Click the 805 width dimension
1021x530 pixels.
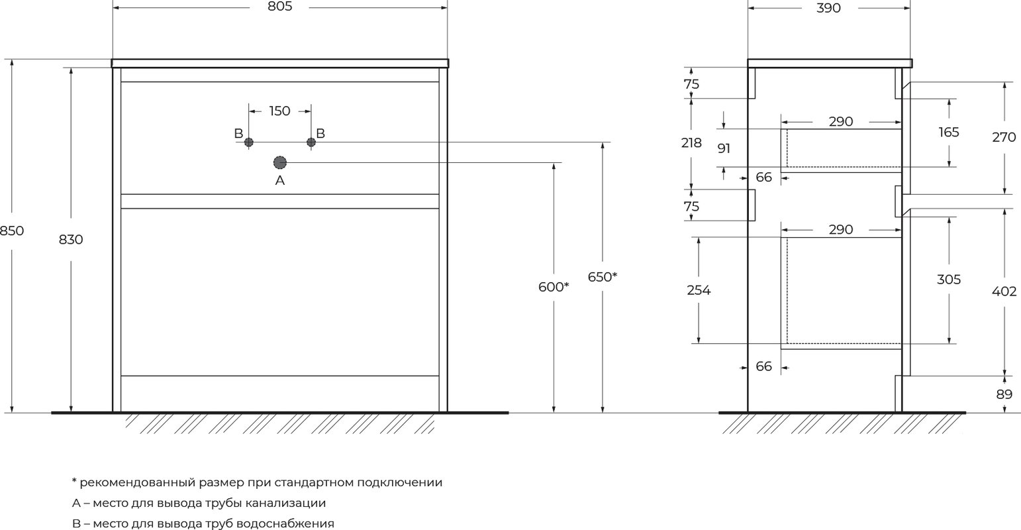[x=280, y=7]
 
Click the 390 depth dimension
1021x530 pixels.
[x=828, y=8]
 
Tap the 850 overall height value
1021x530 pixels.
[x=11, y=231]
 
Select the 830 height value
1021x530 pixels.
[x=71, y=239]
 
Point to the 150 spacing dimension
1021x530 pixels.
[x=279, y=111]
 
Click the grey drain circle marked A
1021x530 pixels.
[x=280, y=162]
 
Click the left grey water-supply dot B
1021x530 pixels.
[x=248, y=142]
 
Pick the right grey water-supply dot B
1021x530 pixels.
[x=311, y=142]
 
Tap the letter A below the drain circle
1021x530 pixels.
[x=280, y=181]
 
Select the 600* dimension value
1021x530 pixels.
[x=554, y=287]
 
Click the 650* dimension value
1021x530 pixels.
[x=603, y=277]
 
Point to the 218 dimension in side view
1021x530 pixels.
[x=691, y=142]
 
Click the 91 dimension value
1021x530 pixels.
[x=724, y=148]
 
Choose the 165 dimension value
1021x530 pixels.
[x=949, y=132]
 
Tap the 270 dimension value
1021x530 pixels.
[x=1004, y=137]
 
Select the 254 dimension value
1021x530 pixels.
[x=699, y=290]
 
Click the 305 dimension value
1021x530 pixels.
[x=949, y=279]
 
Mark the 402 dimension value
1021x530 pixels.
[x=1004, y=291]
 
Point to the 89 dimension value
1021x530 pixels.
[x=1004, y=394]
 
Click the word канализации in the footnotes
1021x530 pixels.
[x=285, y=503]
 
